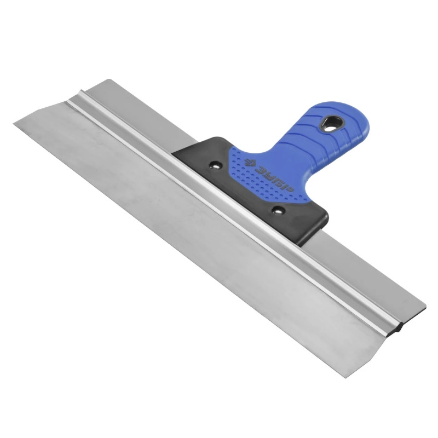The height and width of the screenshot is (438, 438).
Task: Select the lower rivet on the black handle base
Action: [x=278, y=210]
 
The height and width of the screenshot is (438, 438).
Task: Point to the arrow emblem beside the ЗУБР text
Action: [x=249, y=162]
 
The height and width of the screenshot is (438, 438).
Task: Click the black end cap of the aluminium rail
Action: [x=400, y=327]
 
